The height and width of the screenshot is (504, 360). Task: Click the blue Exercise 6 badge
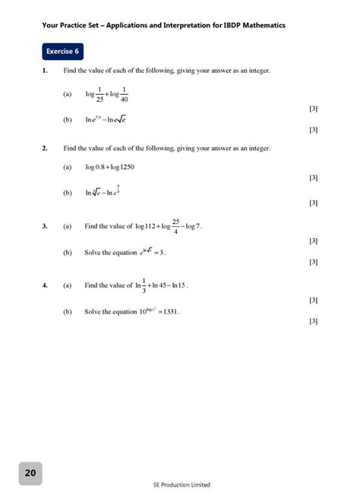tap(63, 52)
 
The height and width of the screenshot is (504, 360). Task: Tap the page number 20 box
tap(30, 473)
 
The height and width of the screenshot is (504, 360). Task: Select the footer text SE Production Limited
tap(182, 485)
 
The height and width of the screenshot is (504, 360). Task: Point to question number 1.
tap(46, 71)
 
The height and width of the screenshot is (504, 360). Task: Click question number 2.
tap(46, 148)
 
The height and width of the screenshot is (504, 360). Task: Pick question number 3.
tap(46, 226)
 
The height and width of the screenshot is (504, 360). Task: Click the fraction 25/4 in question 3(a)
tap(175, 226)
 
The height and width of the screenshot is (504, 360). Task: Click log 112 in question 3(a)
tap(147, 226)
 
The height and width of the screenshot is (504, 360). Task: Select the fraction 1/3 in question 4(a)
tap(139, 286)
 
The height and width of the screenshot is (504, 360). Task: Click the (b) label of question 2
tap(68, 193)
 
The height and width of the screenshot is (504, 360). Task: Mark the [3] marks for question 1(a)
tap(314, 109)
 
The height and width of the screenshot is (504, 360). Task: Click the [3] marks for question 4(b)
tap(314, 321)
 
